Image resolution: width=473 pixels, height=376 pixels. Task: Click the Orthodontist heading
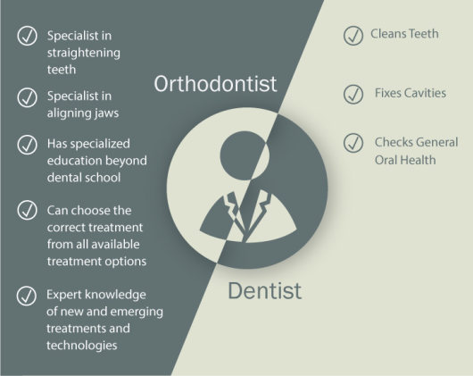(214, 84)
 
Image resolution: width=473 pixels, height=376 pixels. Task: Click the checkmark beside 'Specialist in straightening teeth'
(27, 38)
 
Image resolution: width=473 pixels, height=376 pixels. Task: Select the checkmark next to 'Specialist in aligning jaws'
(27, 97)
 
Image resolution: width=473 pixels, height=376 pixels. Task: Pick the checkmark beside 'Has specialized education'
(27, 145)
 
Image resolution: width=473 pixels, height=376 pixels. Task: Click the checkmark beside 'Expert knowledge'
(27, 297)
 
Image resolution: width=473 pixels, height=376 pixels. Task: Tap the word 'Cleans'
(390, 34)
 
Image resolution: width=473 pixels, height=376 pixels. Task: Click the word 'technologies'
(82, 345)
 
